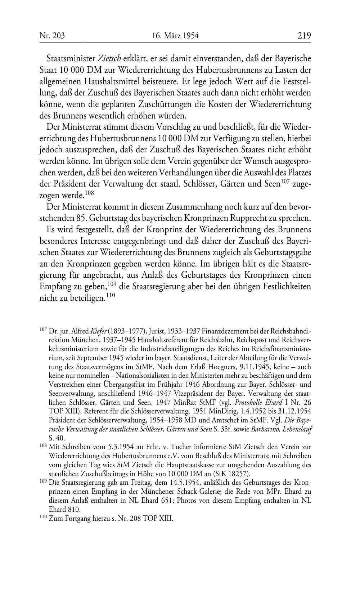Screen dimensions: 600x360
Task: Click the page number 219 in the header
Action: coord(304,36)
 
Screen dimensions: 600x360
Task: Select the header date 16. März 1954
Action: coord(175,36)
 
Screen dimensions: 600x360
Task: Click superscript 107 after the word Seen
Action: coord(285,182)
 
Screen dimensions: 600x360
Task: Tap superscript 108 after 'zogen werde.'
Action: coord(90,194)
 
